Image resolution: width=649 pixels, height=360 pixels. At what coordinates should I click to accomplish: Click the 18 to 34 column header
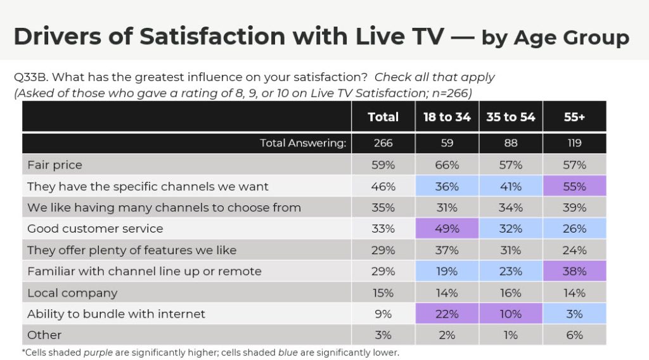coord(447,117)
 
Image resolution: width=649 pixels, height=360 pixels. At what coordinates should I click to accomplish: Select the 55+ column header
coord(574,117)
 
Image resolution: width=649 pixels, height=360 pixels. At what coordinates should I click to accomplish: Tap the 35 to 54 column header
coord(510,117)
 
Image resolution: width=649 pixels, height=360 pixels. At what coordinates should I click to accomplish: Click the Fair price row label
coord(55,165)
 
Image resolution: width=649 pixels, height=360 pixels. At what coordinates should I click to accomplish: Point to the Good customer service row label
coord(95,229)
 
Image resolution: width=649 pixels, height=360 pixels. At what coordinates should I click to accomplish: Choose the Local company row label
coord(72,293)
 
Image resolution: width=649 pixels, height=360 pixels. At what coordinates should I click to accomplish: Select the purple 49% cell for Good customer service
coord(447,229)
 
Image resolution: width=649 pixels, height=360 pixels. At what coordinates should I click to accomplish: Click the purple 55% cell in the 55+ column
coord(574,186)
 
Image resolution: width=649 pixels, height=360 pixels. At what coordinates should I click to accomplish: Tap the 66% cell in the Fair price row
coord(447,165)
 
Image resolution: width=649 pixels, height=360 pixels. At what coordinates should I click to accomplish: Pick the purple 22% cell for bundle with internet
coord(447,314)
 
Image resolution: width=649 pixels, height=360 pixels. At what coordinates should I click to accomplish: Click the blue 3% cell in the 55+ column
coord(574,314)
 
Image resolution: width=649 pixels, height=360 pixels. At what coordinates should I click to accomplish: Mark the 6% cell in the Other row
coord(574,335)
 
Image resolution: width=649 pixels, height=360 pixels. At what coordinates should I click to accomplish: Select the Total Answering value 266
coord(383,143)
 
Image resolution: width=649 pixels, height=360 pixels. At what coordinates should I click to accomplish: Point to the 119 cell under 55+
coord(574,143)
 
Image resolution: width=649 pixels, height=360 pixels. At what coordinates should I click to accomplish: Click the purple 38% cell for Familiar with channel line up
coord(574,271)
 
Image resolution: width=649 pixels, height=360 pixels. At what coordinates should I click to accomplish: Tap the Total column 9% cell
coord(383,314)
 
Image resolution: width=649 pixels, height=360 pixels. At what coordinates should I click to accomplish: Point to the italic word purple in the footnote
coord(98,352)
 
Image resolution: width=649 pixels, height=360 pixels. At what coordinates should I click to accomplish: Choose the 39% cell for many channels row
coord(574,207)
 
